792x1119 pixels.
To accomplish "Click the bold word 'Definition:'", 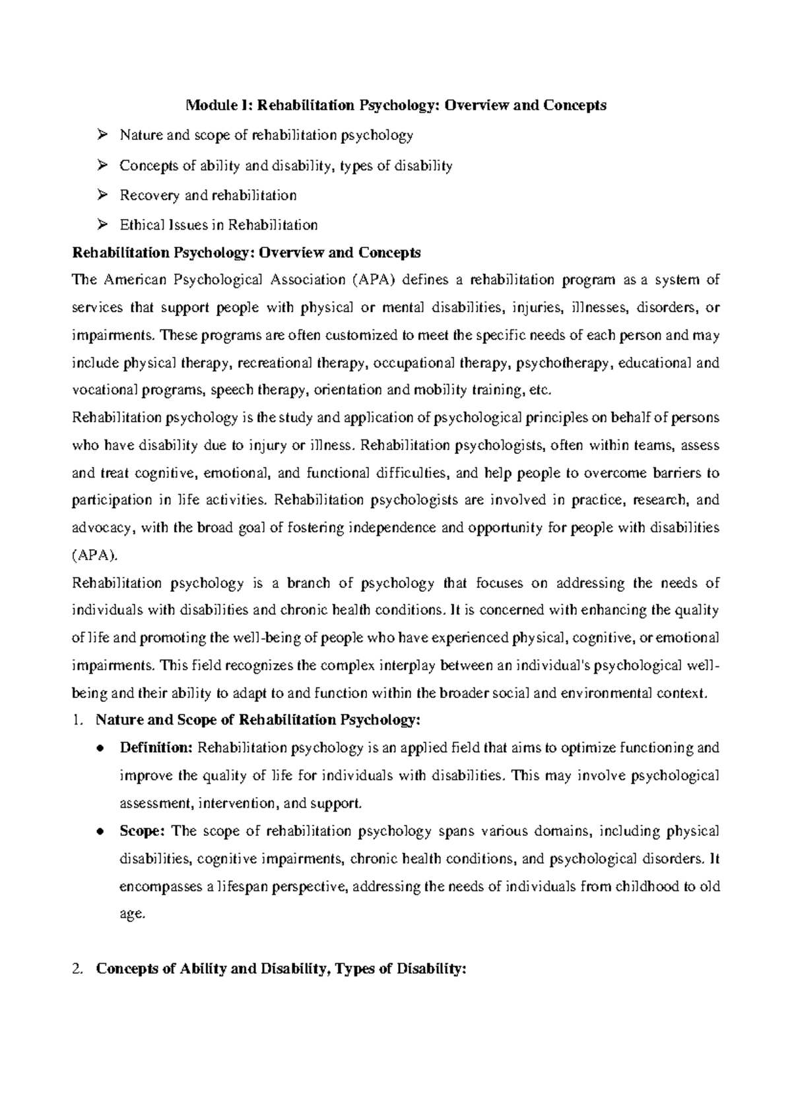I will click(x=156, y=748).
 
